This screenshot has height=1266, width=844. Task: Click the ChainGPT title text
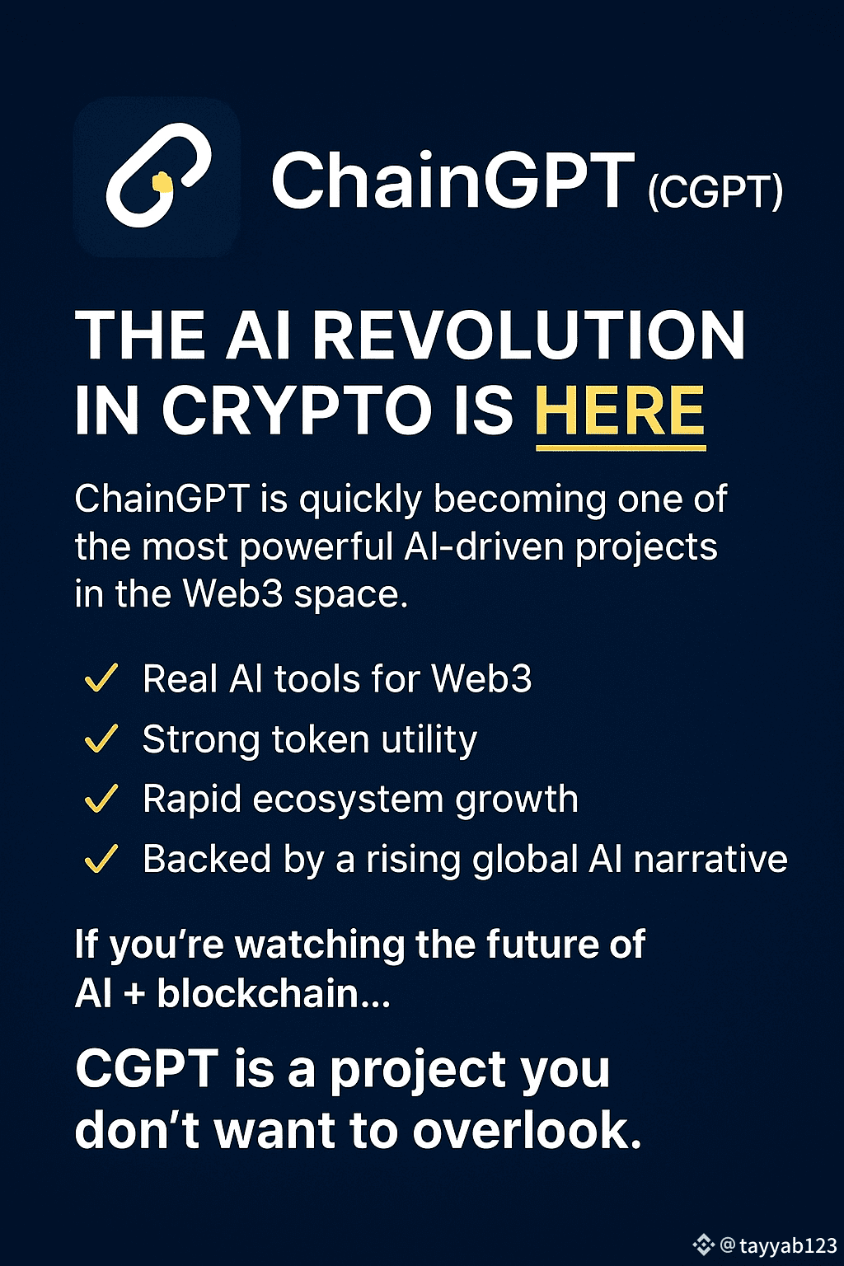click(452, 181)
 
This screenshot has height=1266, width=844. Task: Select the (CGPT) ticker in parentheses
click(715, 193)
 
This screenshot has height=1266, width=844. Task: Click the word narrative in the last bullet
click(710, 859)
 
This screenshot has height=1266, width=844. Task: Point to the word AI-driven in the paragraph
click(484, 546)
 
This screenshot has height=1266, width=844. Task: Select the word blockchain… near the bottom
click(273, 993)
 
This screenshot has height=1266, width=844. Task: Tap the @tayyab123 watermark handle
click(779, 1245)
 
